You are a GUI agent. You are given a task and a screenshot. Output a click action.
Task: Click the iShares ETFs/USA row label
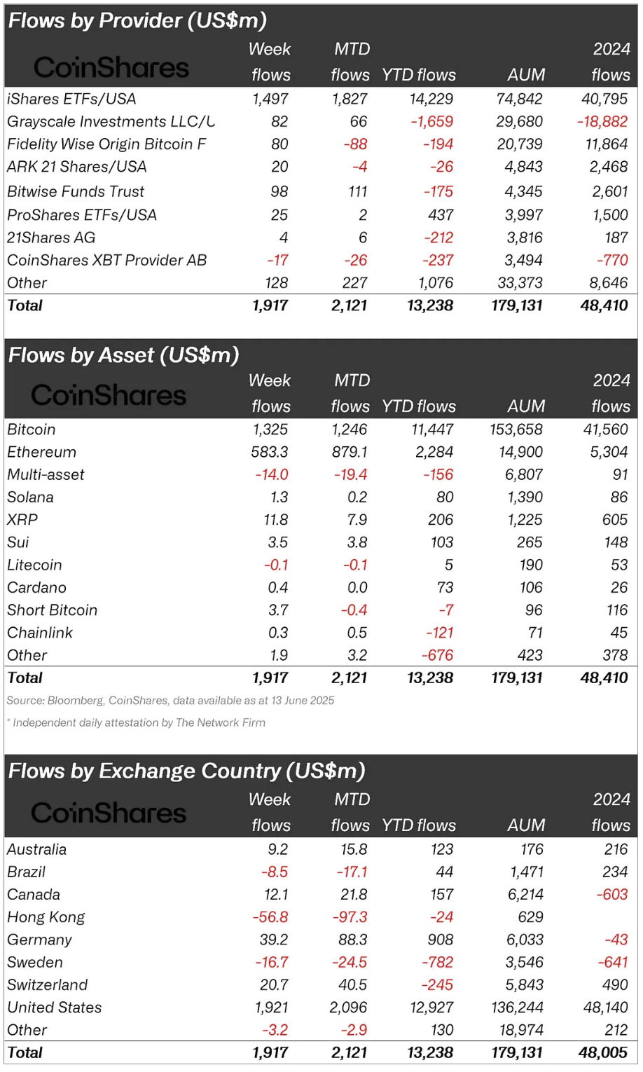[71, 99]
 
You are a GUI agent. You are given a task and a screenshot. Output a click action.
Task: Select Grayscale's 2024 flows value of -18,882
[602, 121]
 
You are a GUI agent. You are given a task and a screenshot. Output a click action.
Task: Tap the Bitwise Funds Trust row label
[76, 191]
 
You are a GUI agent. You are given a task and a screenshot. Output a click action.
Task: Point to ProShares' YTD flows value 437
[441, 214]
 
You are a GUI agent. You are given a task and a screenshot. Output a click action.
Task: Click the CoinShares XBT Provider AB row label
[106, 260]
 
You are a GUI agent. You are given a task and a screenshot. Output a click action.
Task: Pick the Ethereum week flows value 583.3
[270, 452]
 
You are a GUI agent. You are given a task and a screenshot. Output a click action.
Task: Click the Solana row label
[30, 497]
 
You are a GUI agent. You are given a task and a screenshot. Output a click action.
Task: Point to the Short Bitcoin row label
[52, 610]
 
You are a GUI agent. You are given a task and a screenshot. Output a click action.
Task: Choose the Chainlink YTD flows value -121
[439, 633]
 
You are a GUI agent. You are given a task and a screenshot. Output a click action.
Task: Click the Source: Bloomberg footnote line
[170, 700]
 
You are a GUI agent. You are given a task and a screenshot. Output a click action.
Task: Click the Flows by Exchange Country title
[186, 771]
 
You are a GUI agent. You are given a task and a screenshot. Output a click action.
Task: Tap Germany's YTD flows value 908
[441, 940]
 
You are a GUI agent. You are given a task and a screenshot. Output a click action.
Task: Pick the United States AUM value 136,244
[517, 1007]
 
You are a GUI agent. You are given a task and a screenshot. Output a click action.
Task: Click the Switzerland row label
[47, 984]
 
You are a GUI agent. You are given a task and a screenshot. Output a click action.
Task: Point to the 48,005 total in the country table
[604, 1052]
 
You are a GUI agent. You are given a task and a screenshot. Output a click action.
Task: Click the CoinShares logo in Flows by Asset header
[109, 395]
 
